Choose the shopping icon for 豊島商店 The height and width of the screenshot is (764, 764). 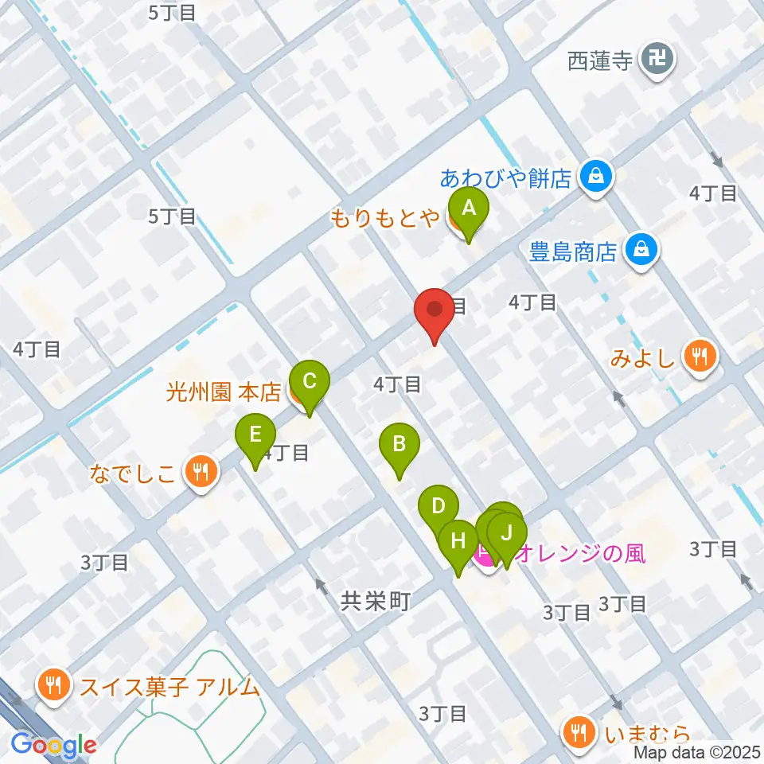pyautogui.click(x=641, y=251)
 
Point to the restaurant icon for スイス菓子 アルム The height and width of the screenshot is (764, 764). pyautogui.click(x=53, y=685)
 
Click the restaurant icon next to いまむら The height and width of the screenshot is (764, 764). pyautogui.click(x=579, y=731)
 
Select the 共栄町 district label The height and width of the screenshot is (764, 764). pyautogui.click(x=375, y=602)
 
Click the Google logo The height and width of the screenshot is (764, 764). pyautogui.click(x=54, y=745)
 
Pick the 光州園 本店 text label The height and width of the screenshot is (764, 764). pyautogui.click(x=224, y=392)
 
